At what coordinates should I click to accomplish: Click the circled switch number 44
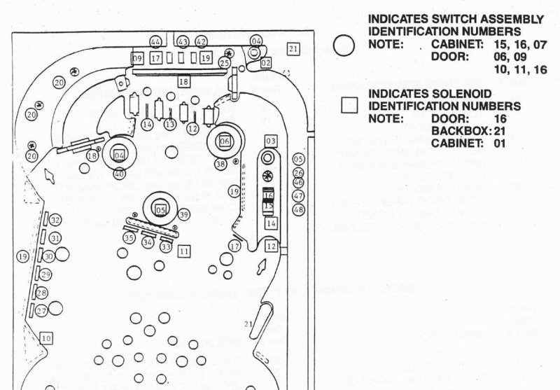pyautogui.click(x=155, y=42)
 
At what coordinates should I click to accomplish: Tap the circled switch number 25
pyautogui.click(x=224, y=62)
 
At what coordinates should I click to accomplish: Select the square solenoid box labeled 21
pyautogui.click(x=293, y=48)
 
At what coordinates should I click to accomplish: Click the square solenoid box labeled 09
pyautogui.click(x=136, y=57)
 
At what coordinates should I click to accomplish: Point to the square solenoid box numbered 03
pyautogui.click(x=271, y=141)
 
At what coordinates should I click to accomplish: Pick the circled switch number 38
pyautogui.click(x=220, y=164)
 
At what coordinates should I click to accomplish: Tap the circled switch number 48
pyautogui.click(x=298, y=209)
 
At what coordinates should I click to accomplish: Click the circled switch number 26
pyautogui.click(x=298, y=173)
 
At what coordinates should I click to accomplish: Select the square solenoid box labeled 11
pyautogui.click(x=184, y=250)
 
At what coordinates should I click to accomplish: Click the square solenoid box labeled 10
pyautogui.click(x=46, y=338)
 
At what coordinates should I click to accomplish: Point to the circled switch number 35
pyautogui.click(x=128, y=238)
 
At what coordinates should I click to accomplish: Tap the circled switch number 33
pyautogui.click(x=166, y=246)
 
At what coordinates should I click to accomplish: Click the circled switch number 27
pyautogui.click(x=41, y=311)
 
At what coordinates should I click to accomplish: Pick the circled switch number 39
pyautogui.click(x=184, y=214)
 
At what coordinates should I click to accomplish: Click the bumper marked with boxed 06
pyautogui.click(x=225, y=141)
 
